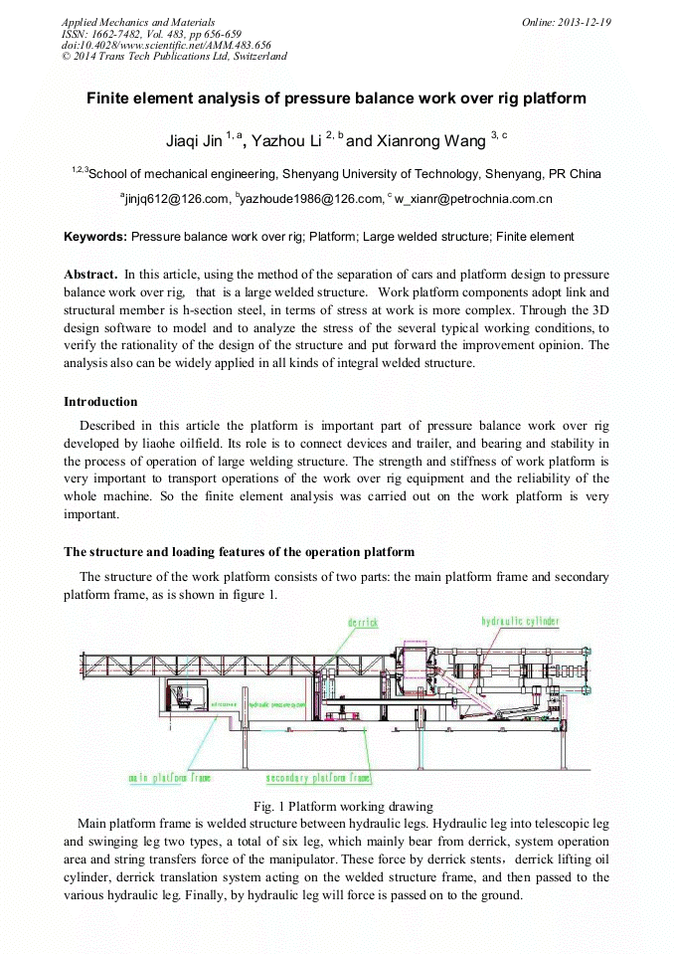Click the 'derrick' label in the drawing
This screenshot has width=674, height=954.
(363, 623)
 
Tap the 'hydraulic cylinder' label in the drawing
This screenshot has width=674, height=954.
(520, 622)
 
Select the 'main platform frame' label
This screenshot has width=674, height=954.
(169, 777)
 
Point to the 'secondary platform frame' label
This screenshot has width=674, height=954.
(318, 777)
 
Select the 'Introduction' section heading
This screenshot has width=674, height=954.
(100, 402)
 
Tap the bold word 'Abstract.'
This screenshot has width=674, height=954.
(90, 274)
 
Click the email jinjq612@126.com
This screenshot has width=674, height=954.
(177, 199)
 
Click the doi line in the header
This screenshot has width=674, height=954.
(166, 45)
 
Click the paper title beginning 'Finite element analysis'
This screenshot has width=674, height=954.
(336, 98)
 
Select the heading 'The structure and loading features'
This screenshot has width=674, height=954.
(239, 552)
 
